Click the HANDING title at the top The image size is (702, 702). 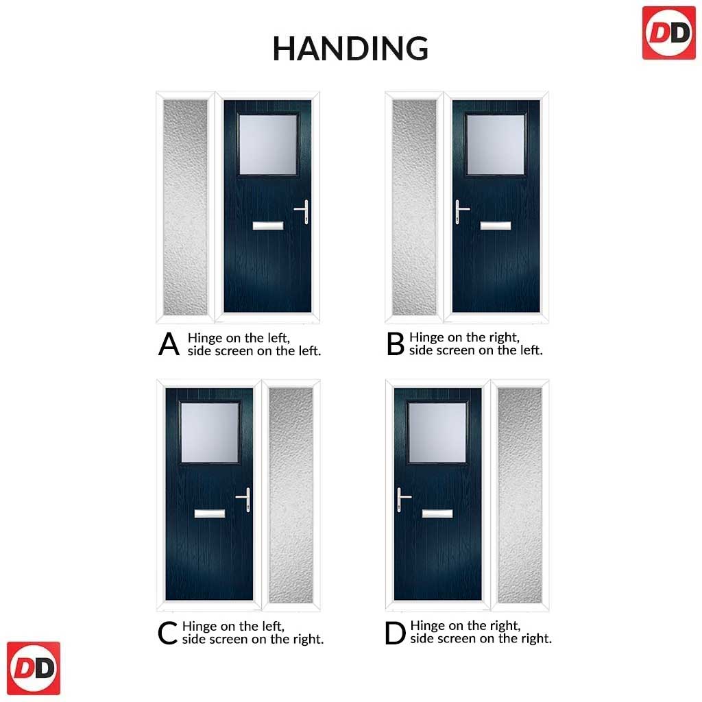[350, 49]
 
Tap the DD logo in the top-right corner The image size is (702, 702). [669, 33]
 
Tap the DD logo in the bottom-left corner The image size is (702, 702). [34, 668]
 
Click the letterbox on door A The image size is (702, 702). [268, 226]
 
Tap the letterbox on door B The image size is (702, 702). [496, 226]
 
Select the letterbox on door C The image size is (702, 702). [210, 513]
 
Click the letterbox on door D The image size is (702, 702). [437, 513]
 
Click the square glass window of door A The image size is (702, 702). [268, 145]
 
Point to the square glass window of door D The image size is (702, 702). [437, 433]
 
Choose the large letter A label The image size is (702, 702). [169, 344]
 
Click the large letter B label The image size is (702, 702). [396, 344]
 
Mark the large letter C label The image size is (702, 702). [168, 633]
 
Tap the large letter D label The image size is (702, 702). [395, 633]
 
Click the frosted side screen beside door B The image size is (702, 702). [413, 207]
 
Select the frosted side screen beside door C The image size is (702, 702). [291, 495]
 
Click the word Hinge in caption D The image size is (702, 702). [428, 626]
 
